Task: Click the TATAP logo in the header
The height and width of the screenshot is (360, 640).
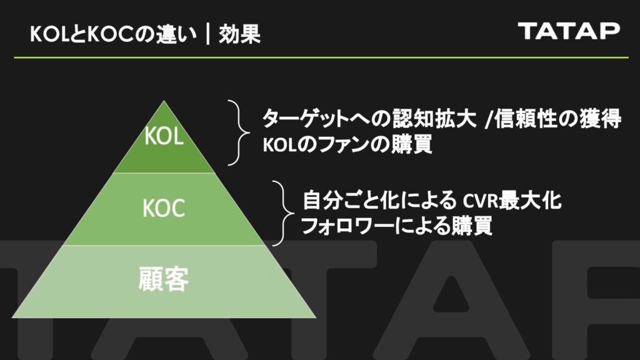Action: (x=569, y=31)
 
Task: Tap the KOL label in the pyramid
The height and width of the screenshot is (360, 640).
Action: (x=164, y=137)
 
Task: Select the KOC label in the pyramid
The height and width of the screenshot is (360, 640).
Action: (x=164, y=209)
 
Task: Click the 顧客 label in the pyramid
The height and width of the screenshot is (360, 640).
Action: (x=164, y=280)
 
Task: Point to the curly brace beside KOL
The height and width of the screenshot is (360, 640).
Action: (x=236, y=132)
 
